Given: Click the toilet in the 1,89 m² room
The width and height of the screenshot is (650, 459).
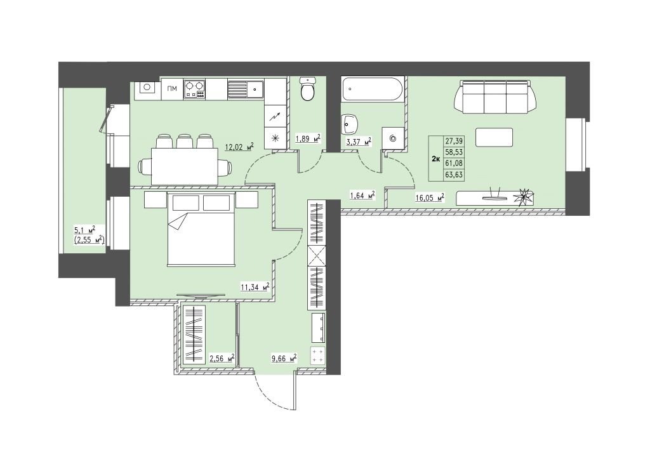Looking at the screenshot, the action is coord(308,89).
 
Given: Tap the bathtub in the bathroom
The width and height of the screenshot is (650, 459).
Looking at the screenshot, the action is coord(373,88).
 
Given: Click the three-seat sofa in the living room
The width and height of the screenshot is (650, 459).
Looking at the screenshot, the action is coord(495,97).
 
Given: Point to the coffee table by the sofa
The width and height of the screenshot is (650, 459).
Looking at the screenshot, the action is coord(494,137).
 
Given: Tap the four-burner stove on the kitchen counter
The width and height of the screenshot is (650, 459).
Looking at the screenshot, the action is coord(194,89).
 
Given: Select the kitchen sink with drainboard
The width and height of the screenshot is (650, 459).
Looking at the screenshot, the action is coord(245,89).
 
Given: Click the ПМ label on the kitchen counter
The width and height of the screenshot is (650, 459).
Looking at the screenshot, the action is coord(172,88).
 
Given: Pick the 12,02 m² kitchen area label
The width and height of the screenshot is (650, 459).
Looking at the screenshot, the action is coord(239,147).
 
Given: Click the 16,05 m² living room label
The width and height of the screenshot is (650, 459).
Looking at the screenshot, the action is coord(430,197).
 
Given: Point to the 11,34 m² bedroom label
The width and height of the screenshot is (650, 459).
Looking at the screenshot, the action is coord(255,286).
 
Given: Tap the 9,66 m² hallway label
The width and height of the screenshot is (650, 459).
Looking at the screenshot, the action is coord(284,358).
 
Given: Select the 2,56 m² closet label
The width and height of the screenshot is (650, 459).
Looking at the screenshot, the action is coord(222,358).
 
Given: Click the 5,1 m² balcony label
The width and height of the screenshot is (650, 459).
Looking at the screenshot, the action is coord(84,229).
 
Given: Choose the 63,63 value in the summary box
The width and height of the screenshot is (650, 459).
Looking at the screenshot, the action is coord(454,175).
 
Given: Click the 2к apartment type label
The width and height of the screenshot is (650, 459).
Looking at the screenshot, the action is coord(435,159).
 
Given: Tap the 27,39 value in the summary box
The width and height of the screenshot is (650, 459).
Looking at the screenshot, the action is coord(454,142).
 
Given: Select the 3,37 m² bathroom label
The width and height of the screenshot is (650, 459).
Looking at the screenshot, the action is coord(359,143).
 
